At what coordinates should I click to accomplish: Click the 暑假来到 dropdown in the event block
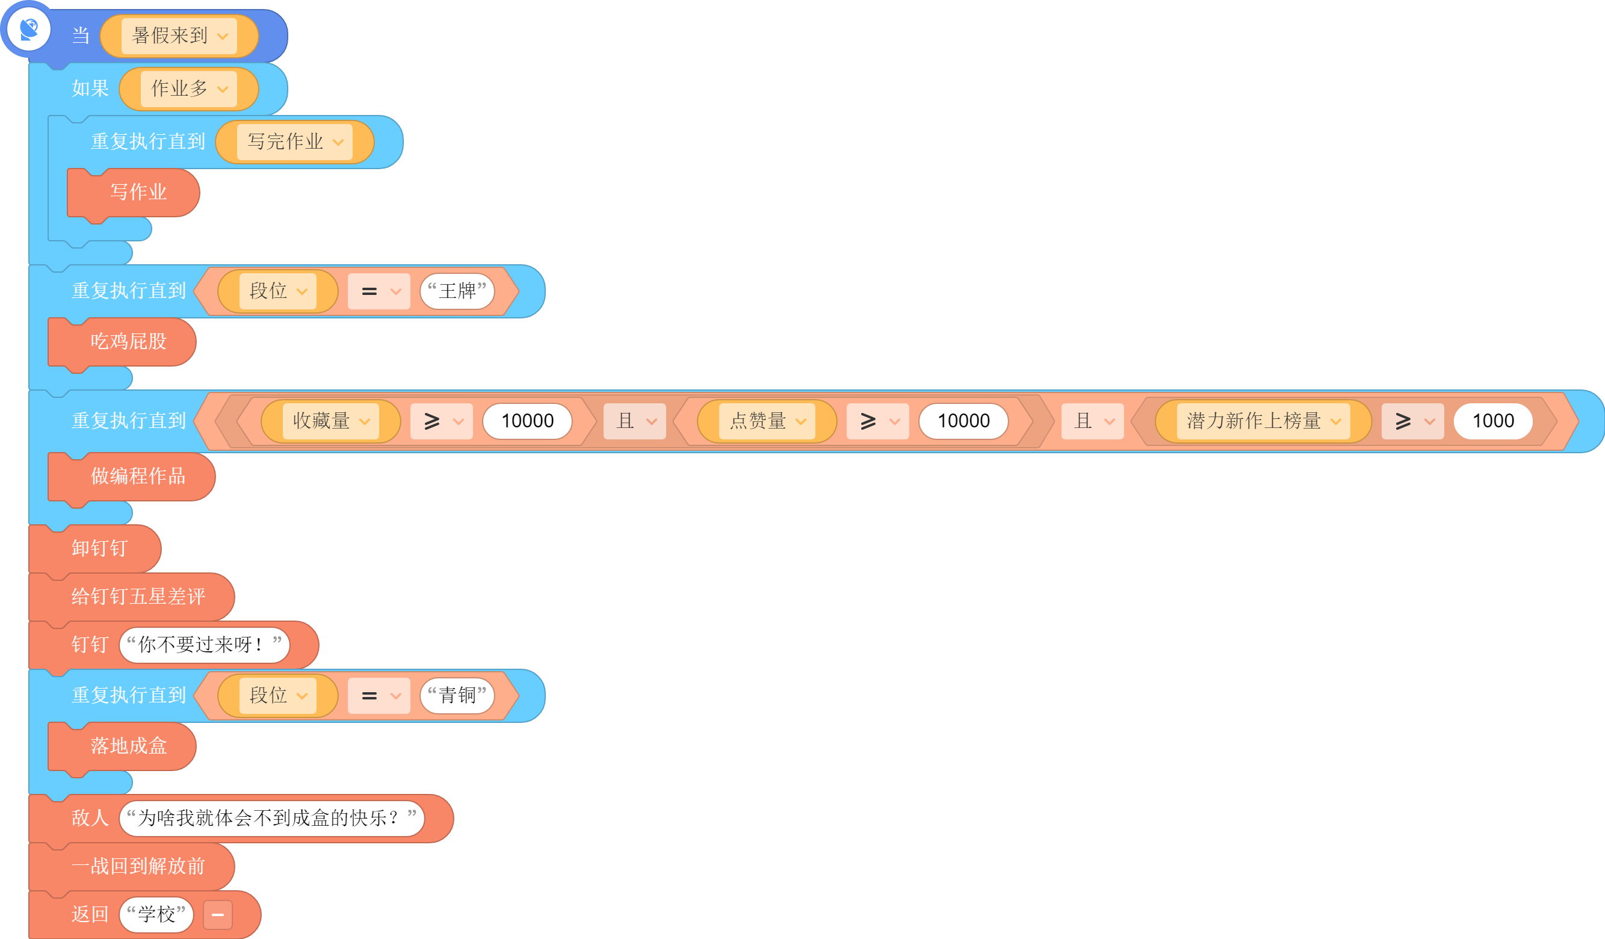coord(179,36)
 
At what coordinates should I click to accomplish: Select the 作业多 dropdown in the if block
coord(188,88)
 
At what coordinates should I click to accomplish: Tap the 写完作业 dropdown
coord(294,141)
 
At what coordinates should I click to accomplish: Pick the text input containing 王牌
coord(457,291)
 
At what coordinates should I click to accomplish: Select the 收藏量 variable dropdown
coord(330,421)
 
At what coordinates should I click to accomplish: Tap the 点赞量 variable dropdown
coord(767,421)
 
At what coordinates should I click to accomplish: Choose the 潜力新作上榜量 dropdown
coord(1263,421)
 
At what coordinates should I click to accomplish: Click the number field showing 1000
coord(1493,421)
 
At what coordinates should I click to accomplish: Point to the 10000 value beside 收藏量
coord(527,421)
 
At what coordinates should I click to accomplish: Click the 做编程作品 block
coord(132,477)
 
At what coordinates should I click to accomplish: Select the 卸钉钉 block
coord(95,549)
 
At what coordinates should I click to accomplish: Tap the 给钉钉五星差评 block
coord(132,597)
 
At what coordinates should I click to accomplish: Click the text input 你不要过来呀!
coord(205,645)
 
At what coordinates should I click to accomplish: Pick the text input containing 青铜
coord(457,696)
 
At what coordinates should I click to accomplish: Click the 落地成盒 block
coord(122,746)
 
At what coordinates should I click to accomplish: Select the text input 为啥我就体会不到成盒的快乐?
coord(272,819)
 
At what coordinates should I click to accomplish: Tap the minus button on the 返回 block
coord(218,916)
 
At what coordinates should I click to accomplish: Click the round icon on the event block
coord(29,29)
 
